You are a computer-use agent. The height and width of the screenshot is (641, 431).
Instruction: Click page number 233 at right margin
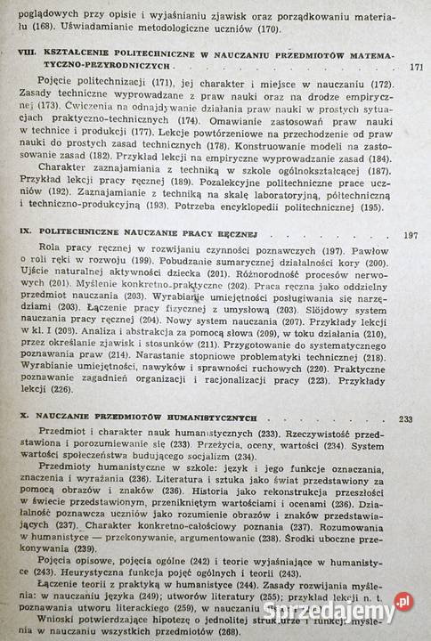pyautogui.click(x=407, y=419)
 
